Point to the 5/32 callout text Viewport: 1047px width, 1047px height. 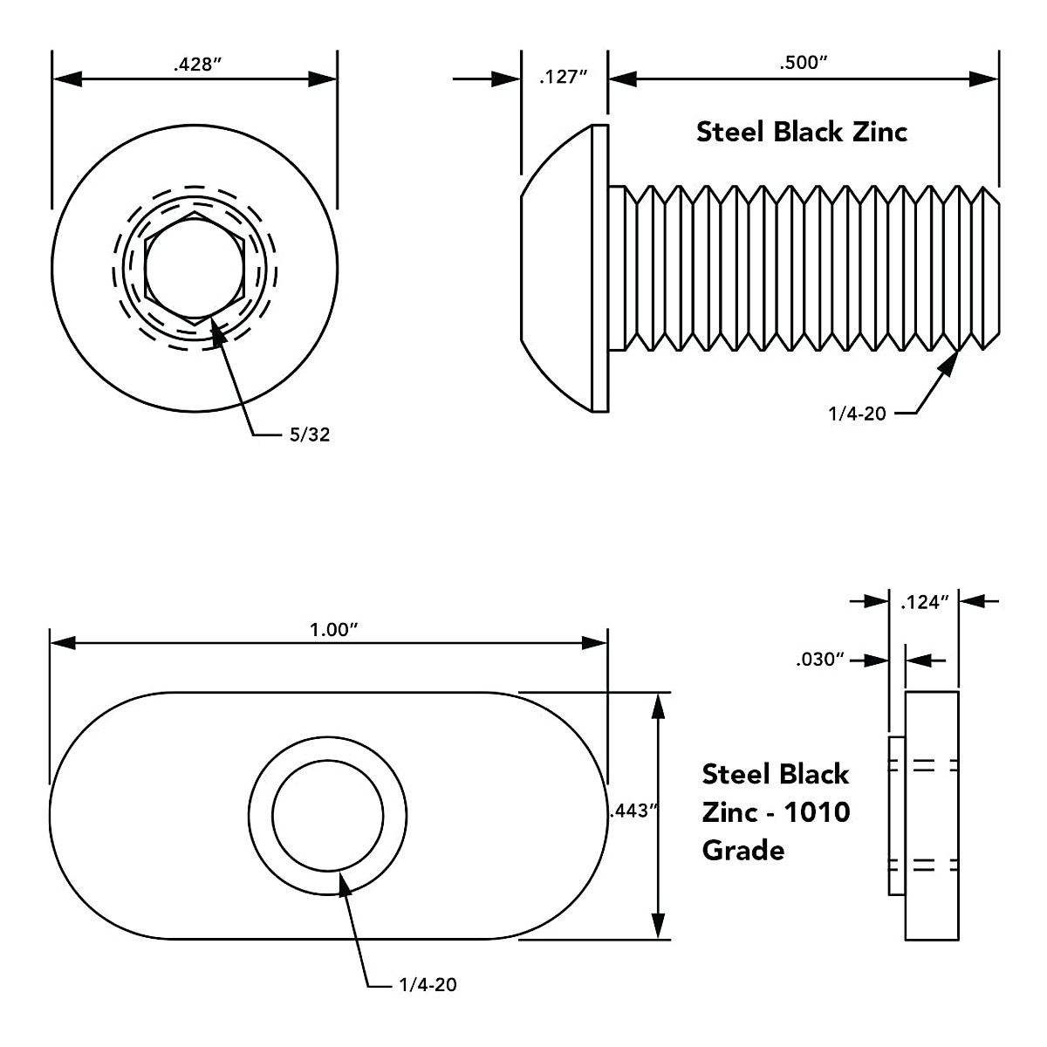click(310, 435)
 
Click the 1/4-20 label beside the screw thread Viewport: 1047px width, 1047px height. click(857, 414)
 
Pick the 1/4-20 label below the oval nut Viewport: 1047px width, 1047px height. click(428, 985)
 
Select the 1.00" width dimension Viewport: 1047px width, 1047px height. click(329, 630)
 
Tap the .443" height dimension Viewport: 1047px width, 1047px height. click(633, 811)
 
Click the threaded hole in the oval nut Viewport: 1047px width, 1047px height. click(327, 816)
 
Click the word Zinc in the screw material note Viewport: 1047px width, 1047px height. click(879, 132)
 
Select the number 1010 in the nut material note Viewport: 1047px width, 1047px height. click(817, 812)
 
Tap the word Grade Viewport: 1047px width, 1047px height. click(742, 850)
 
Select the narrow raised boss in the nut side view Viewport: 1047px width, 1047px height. click(896, 816)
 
